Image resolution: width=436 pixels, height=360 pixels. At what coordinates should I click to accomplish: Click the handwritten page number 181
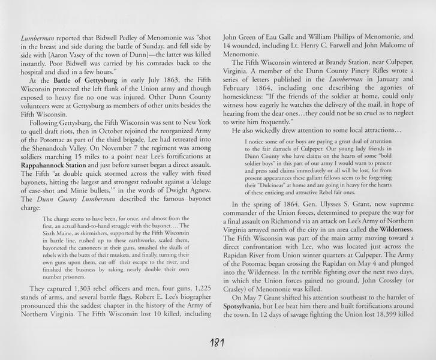point(217,344)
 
